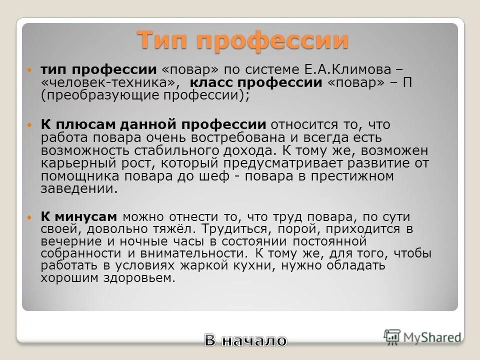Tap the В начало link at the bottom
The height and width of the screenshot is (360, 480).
(x=245, y=341)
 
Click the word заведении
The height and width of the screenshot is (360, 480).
(x=79, y=189)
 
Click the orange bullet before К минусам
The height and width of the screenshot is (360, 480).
(x=29, y=217)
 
